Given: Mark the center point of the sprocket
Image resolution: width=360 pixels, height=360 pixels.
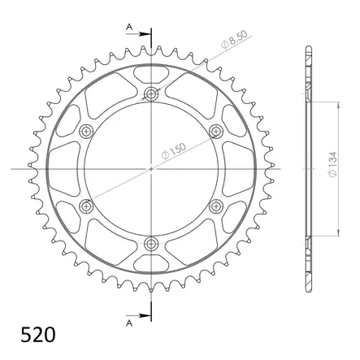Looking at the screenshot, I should coord(151,169).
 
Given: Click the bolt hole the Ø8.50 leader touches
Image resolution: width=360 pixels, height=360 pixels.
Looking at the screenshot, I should coord(151,95).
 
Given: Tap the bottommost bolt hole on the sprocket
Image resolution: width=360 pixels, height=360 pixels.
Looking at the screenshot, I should coord(151,242).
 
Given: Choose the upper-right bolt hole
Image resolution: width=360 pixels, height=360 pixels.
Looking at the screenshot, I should coord(215,132).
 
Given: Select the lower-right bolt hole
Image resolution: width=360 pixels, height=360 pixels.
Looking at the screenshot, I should coord(215,206).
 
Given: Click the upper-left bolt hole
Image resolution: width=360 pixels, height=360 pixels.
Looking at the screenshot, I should coord(87,132).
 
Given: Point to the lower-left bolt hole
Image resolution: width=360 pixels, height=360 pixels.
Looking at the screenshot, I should coord(87,206).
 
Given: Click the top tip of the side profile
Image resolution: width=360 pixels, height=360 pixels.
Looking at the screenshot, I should coord(307,46).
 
